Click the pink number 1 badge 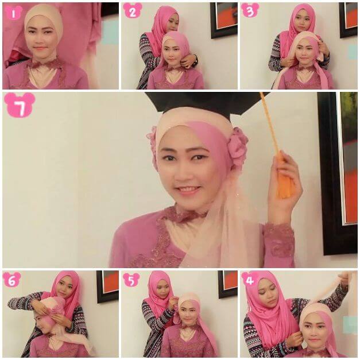tap(13, 13)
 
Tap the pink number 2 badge tap(132, 11)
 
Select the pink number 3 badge tap(250, 10)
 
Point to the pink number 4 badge tap(250, 279)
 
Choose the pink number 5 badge tap(131, 280)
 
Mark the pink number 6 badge tap(12, 280)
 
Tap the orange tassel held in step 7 tap(283, 175)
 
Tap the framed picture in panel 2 tap(224, 20)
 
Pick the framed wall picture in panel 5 tap(227, 284)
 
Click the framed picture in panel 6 tap(107, 287)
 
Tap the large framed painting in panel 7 tap(338, 173)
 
